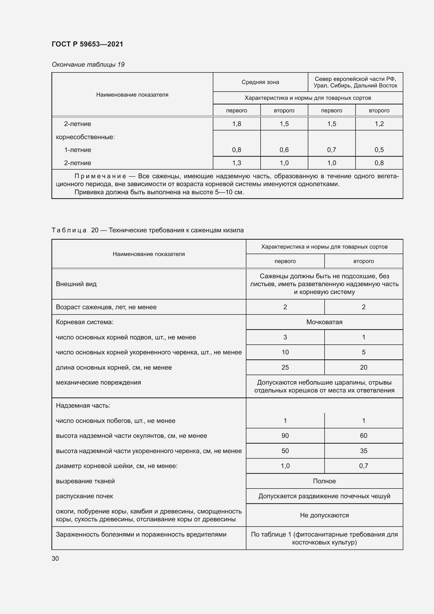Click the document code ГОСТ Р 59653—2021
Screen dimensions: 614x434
pos(87,44)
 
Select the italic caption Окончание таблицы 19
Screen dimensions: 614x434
pos(88,65)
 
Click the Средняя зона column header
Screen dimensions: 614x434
pos(260,82)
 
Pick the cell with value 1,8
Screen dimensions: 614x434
pos(236,124)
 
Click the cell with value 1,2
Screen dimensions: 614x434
pos(379,124)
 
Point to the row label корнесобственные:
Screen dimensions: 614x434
pos(85,137)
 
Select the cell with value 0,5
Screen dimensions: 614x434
pos(379,150)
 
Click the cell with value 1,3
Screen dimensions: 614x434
pos(236,163)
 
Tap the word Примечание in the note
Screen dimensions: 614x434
pos(100,176)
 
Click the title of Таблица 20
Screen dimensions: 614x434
pos(147,230)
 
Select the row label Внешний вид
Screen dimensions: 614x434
pos(76,284)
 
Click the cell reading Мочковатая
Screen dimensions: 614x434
pos(324,322)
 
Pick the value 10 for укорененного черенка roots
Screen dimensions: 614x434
pos(285,352)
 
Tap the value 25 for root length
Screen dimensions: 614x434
pos(285,368)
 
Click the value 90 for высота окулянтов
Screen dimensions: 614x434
pos(285,436)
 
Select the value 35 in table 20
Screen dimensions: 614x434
pos(363,451)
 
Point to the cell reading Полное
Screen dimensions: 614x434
pos(324,481)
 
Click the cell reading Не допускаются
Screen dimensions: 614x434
pos(324,515)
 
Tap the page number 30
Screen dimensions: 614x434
pos(55,559)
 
